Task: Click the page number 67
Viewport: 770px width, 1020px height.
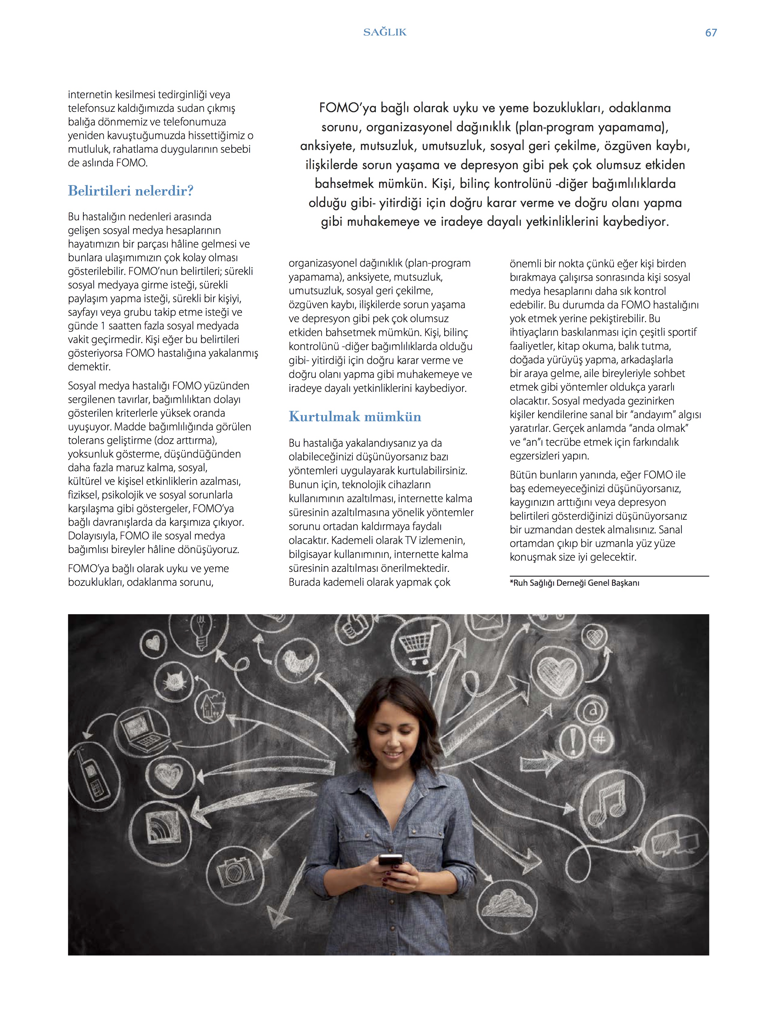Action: click(711, 33)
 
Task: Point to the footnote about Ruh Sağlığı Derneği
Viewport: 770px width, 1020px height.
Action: click(574, 583)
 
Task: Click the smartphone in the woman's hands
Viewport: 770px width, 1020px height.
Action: click(390, 859)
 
